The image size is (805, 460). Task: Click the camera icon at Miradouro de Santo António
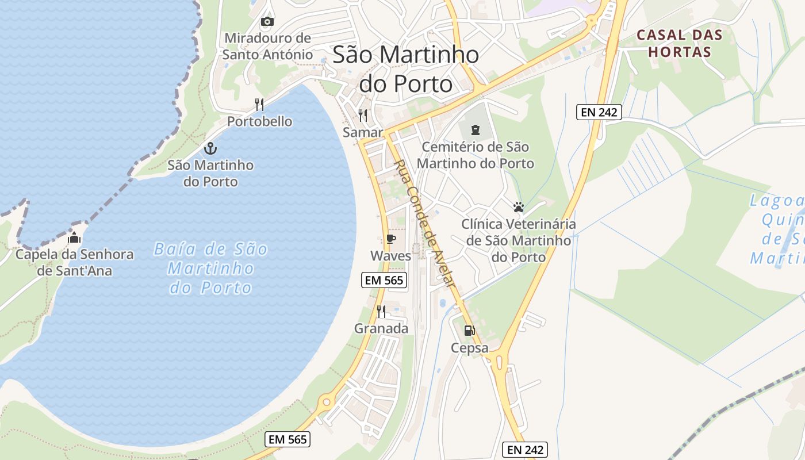click(x=267, y=22)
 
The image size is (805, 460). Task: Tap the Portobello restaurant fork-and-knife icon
click(x=259, y=105)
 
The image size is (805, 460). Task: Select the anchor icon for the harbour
click(x=210, y=148)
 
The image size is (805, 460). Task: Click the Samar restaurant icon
click(x=363, y=116)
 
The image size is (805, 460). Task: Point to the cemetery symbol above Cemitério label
click(x=475, y=130)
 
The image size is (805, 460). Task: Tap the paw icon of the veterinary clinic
click(x=519, y=207)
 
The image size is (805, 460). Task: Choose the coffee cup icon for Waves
click(x=391, y=239)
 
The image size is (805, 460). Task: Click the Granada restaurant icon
click(x=381, y=312)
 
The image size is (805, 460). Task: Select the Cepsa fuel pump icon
click(x=470, y=331)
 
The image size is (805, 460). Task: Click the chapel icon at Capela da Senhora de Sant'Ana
click(x=74, y=237)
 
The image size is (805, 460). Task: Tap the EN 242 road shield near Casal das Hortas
click(x=599, y=112)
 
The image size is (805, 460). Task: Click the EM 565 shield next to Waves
click(x=384, y=280)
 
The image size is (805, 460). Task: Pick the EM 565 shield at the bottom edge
click(x=288, y=439)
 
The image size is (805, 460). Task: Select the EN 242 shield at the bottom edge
click(x=524, y=449)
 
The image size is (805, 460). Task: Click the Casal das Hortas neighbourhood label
click(x=679, y=43)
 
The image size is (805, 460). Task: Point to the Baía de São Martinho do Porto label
click(x=211, y=268)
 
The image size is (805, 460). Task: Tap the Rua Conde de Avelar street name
click(x=424, y=224)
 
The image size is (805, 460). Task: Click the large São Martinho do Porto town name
click(x=405, y=70)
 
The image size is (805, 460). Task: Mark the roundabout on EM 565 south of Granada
click(x=327, y=401)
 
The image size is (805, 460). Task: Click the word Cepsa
click(x=470, y=348)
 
